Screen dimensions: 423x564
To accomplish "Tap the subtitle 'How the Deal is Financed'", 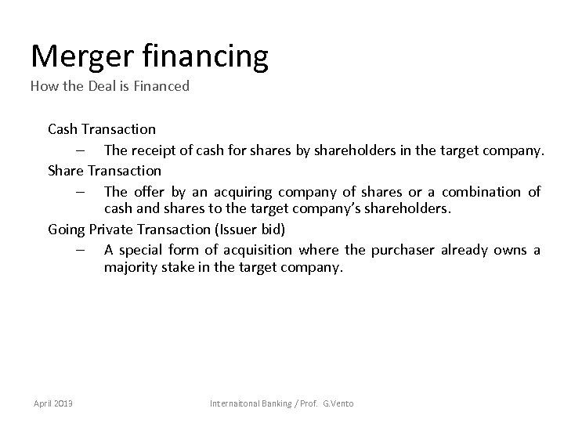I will tap(110, 86).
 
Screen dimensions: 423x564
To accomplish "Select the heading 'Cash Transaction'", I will tap(102, 128).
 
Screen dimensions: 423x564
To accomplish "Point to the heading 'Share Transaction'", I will tap(104, 170).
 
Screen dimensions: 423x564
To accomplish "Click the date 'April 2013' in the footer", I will tap(52, 403).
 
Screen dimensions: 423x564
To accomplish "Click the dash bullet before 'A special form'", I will tap(81, 250).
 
